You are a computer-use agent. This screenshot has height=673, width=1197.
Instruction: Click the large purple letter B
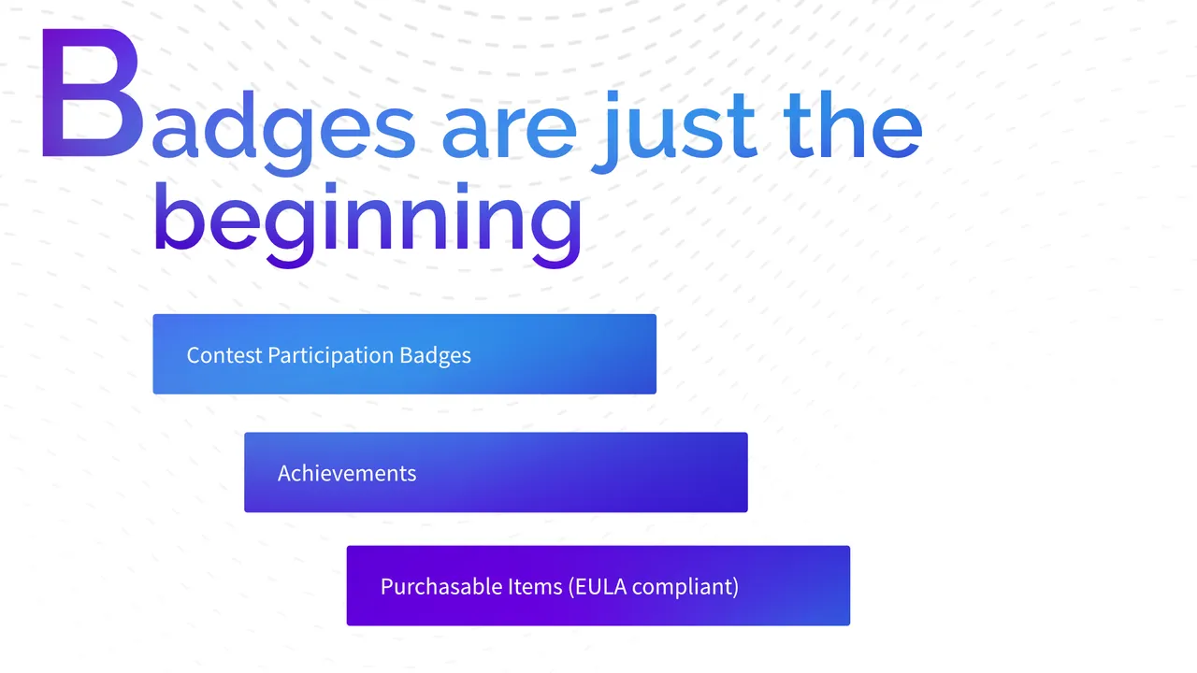[92, 93]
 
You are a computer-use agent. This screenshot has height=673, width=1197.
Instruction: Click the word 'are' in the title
[510, 131]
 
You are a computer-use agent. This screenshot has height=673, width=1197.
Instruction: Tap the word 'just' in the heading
[674, 132]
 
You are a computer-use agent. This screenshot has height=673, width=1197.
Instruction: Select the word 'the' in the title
[853, 125]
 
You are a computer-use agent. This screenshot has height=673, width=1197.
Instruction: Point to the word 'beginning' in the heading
[368, 224]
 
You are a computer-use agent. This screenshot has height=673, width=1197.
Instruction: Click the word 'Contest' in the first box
[224, 355]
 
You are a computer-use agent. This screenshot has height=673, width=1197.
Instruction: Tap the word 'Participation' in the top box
[331, 356]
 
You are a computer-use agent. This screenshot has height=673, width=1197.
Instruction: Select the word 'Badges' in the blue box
[436, 356]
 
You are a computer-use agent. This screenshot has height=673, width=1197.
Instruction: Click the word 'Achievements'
[347, 473]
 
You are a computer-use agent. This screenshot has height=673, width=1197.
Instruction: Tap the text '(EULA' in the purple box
[598, 586]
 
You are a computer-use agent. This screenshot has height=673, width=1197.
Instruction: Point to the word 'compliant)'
[685, 587]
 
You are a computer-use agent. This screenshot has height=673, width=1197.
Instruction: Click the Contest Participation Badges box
[405, 354]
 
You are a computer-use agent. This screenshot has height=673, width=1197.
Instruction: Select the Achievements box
[496, 472]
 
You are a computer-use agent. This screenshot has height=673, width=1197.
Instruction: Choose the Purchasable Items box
[598, 585]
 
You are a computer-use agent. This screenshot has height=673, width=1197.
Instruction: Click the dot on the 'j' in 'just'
[612, 95]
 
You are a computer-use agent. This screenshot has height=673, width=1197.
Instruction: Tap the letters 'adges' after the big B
[283, 134]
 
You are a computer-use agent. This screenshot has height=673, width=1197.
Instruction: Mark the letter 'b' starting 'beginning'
[177, 216]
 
